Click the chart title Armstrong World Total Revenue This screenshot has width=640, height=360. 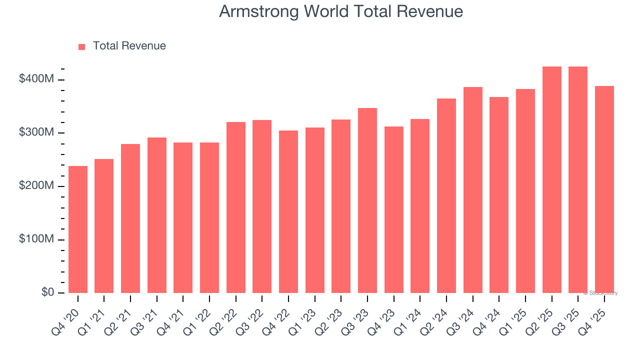pos(340,11)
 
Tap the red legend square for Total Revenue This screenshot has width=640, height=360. pos(81,46)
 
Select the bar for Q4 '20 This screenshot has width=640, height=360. pos(78,229)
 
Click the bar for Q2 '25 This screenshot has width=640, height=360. pos(551,180)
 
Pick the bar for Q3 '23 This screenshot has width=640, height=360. pos(367,200)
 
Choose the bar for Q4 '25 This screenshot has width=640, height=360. pos(604,189)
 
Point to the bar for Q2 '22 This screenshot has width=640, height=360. pos(236,207)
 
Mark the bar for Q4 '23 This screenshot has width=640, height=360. pos(393,209)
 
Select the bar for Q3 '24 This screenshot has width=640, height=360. pos(472,190)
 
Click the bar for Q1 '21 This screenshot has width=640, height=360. pos(104,226)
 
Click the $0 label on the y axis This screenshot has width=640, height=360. pos(47,292)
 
